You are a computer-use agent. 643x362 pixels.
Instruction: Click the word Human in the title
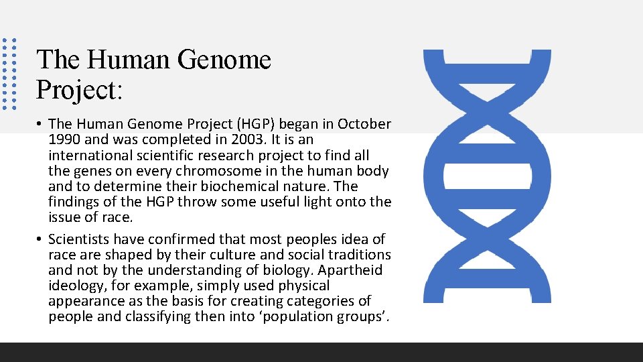127,60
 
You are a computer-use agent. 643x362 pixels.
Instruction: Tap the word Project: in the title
80,89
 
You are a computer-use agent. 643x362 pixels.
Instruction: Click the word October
364,124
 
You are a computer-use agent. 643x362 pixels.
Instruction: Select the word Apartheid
350,270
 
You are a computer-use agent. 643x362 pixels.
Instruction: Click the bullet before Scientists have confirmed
41,239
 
